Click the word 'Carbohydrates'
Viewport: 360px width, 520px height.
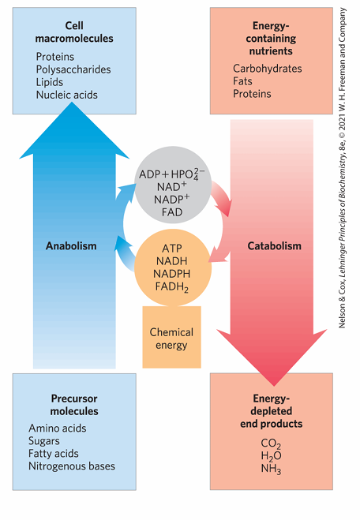click(267, 69)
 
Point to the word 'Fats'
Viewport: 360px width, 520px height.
click(243, 81)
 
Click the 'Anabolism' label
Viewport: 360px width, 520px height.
click(70, 245)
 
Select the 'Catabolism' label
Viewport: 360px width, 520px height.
click(274, 245)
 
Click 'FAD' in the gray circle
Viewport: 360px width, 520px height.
click(173, 213)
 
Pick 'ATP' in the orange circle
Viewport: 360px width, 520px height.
click(171, 247)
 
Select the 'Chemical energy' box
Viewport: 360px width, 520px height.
click(171, 339)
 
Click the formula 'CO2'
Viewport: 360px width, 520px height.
click(271, 444)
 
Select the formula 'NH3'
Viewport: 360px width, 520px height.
click(271, 469)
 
